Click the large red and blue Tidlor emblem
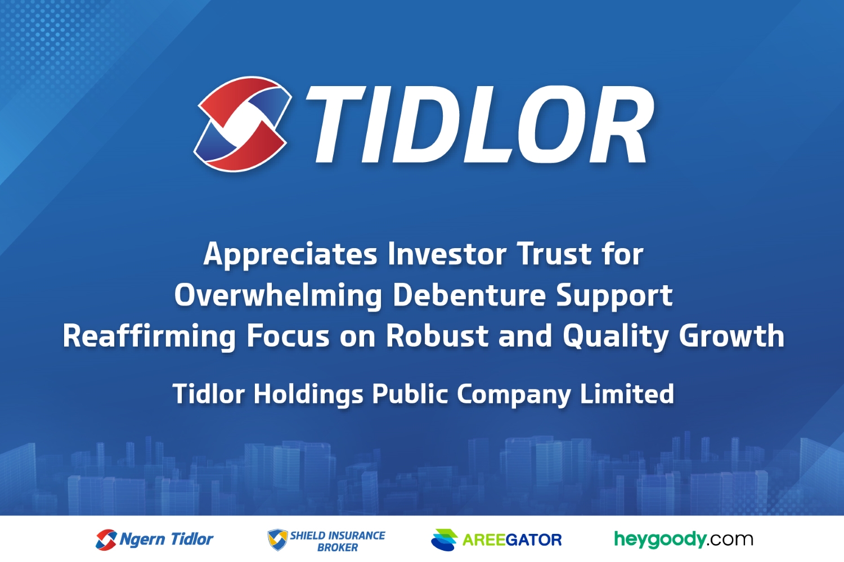[243, 124]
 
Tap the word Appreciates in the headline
[290, 255]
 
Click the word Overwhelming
[278, 296]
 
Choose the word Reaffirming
[149, 336]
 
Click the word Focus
[288, 336]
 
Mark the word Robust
[437, 336]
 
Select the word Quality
[616, 337]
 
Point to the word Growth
[731, 336]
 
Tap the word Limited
[627, 394]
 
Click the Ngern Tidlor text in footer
[166, 539]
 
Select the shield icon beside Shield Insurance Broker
[278, 539]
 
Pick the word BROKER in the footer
[338, 547]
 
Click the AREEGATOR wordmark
[511, 539]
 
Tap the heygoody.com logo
[684, 539]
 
